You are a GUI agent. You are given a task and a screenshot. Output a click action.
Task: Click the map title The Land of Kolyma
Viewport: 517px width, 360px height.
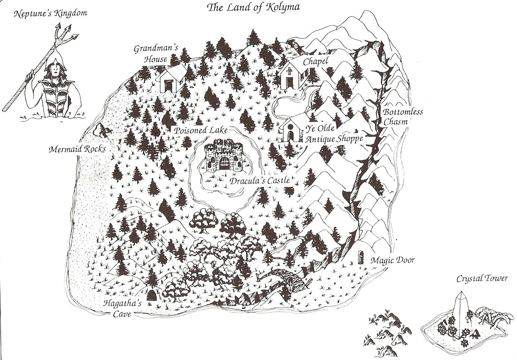pyautogui.click(x=253, y=7)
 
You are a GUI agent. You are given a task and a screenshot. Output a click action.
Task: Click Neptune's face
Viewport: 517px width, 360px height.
pyautogui.click(x=55, y=68)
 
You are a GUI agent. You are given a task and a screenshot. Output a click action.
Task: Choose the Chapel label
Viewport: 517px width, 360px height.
pyautogui.click(x=315, y=62)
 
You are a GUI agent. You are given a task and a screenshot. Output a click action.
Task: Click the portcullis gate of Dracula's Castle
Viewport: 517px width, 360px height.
pyautogui.click(x=224, y=163)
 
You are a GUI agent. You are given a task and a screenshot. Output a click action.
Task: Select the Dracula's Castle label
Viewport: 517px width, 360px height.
pyautogui.click(x=260, y=181)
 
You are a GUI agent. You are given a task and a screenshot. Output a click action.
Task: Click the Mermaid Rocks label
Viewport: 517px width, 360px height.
pyautogui.click(x=77, y=150)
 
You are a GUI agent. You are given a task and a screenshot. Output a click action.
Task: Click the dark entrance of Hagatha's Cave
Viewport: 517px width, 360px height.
pyautogui.click(x=152, y=296)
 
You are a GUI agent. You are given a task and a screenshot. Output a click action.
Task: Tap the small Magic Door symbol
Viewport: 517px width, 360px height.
pyautogui.click(x=361, y=258)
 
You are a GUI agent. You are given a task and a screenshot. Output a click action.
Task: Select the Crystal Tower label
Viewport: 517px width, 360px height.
pyautogui.click(x=483, y=279)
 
